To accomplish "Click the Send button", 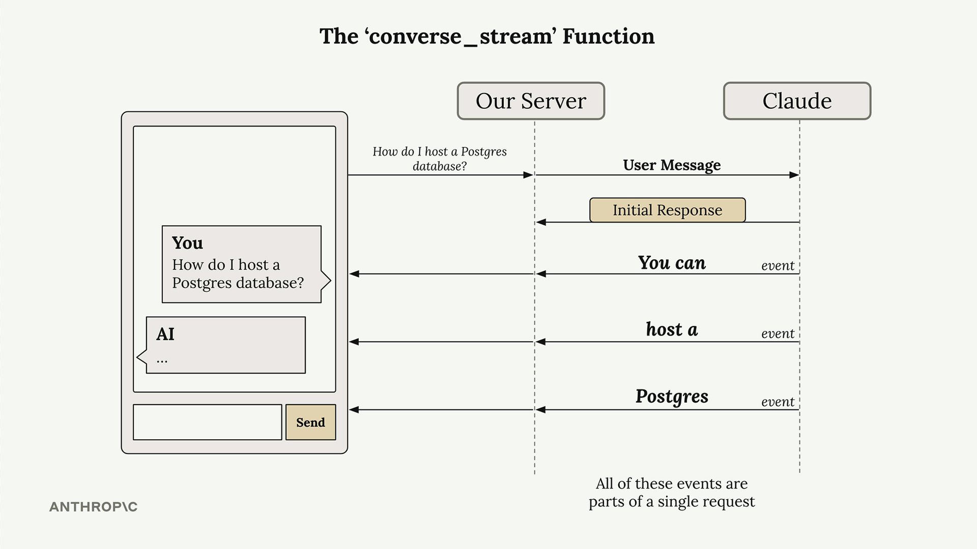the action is pos(310,422).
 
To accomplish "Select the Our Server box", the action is pos(531,101).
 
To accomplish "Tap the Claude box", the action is pos(797,101).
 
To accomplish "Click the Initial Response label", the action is pos(667,210).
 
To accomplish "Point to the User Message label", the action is pos(672,165).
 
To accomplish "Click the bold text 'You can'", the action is pos(672,262).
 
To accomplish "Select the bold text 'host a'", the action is pos(672,329).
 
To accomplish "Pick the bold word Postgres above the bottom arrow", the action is pos(672,396).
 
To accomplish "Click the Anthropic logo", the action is pos(93,507).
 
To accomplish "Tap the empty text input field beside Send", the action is pos(207,422).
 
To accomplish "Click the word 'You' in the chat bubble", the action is pos(187,243).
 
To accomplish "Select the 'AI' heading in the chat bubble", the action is pos(165,334).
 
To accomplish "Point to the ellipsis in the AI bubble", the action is pos(162,361).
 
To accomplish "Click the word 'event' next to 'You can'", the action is pos(778,266).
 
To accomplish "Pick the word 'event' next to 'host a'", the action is pos(778,334).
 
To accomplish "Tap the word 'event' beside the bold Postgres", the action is pos(778,402).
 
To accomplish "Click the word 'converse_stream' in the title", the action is pos(461,37).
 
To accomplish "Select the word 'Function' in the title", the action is pos(609,37).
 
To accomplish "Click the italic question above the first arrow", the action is pos(440,159).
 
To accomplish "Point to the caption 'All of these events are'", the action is pos(672,483).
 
